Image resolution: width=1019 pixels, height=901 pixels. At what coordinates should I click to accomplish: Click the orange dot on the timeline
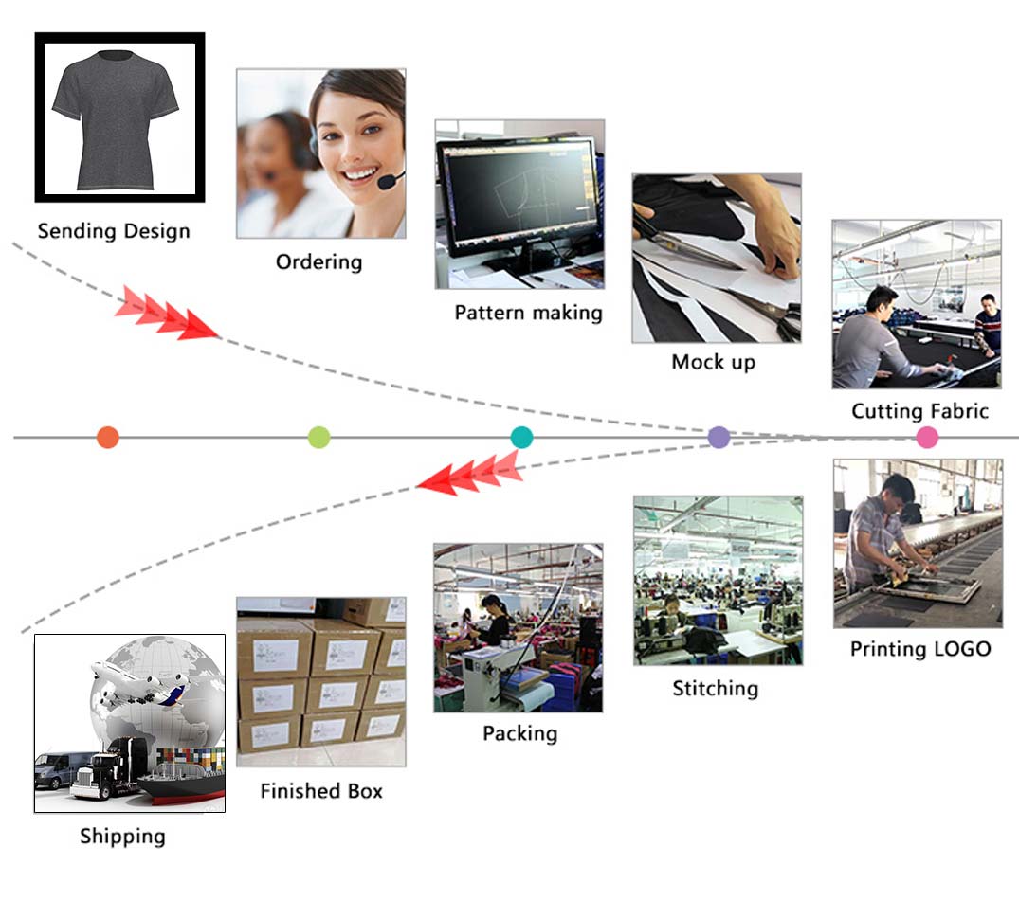(108, 437)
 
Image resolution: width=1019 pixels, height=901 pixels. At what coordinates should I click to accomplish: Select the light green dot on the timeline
(319, 437)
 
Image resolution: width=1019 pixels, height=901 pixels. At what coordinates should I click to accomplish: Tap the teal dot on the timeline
(521, 437)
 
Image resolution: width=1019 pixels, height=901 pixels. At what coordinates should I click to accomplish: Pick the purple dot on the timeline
(719, 437)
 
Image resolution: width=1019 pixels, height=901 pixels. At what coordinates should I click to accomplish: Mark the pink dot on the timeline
(927, 437)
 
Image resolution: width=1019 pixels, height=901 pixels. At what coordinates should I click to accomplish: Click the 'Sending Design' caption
(114, 231)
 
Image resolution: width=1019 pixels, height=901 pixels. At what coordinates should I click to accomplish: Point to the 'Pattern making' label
(528, 313)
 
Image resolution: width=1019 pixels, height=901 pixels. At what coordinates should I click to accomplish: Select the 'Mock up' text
(713, 361)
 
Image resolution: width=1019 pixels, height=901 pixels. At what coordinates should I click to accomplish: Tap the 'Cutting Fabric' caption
(919, 411)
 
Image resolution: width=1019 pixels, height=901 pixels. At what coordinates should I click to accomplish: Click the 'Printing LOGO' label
(919, 649)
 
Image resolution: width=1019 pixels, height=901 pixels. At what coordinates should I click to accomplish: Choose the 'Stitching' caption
(715, 688)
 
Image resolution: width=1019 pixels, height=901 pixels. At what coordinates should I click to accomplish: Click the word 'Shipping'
(122, 837)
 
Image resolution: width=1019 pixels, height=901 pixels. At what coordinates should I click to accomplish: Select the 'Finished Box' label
(321, 790)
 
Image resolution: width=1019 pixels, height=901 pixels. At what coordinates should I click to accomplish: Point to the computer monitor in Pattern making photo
(518, 195)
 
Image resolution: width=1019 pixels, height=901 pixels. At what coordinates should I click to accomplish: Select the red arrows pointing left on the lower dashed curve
(470, 474)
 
